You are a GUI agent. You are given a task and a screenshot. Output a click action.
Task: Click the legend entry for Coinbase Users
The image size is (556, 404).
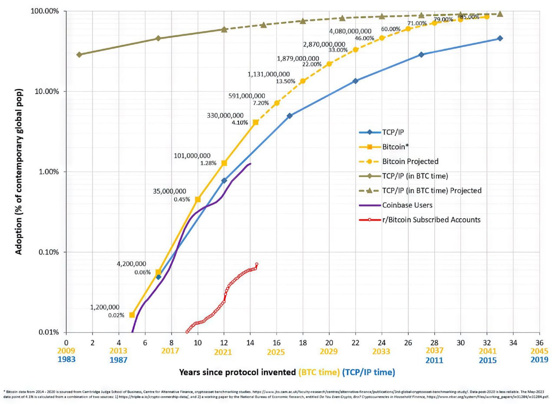click(x=407, y=205)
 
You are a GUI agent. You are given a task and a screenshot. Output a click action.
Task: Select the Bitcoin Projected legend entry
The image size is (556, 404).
click(x=410, y=161)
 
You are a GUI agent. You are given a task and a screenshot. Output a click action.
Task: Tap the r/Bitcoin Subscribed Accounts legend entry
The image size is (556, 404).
click(x=431, y=220)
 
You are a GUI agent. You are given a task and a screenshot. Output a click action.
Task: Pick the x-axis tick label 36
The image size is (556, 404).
click(x=539, y=342)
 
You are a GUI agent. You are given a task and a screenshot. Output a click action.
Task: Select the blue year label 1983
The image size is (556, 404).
click(x=66, y=360)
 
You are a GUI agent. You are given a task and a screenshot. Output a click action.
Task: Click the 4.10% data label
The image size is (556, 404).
click(x=240, y=122)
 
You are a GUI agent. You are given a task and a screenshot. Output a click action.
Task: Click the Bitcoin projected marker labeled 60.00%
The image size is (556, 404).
click(x=382, y=38)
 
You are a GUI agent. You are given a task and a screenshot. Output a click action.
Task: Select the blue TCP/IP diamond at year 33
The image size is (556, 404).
click(x=500, y=38)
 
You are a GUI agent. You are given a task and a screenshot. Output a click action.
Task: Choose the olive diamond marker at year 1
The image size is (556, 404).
click(x=79, y=54)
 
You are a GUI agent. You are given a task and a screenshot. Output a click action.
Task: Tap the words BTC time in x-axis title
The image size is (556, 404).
click(x=319, y=372)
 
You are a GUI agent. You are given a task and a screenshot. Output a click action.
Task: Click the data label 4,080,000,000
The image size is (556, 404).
click(x=350, y=31)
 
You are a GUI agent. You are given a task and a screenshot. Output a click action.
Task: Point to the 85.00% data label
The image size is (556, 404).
click(x=470, y=17)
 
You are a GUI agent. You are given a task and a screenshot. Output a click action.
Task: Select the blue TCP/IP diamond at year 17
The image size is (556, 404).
click(x=290, y=116)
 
